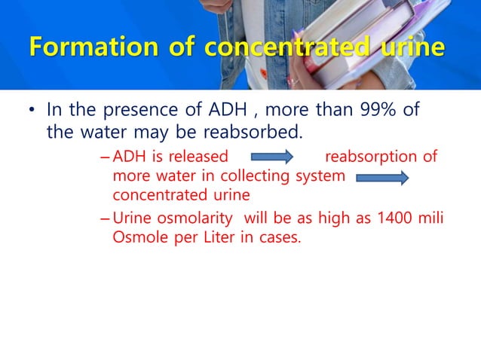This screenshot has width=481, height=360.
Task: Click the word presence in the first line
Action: point(122,111)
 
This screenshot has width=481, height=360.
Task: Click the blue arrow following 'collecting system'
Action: point(381,178)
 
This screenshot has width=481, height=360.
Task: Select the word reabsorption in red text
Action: point(365,159)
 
